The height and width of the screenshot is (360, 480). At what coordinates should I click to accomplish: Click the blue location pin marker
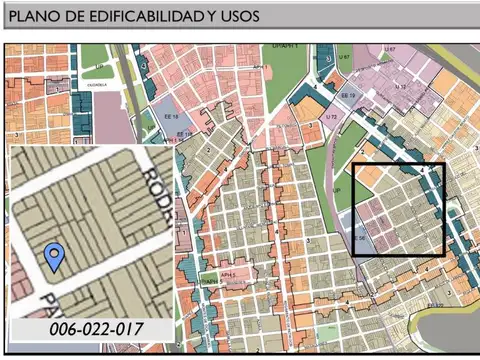(x=56, y=257)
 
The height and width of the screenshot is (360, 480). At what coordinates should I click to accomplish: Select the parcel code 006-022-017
(x=94, y=328)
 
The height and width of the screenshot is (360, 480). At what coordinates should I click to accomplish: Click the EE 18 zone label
(x=170, y=117)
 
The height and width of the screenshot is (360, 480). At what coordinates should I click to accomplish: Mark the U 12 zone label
(x=400, y=88)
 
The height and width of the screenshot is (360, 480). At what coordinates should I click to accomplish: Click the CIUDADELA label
(x=97, y=84)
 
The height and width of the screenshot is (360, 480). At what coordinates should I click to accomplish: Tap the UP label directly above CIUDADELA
(x=99, y=67)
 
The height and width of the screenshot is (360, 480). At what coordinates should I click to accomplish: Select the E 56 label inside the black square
(x=360, y=237)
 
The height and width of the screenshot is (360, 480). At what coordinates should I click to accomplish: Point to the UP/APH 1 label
(x=287, y=47)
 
